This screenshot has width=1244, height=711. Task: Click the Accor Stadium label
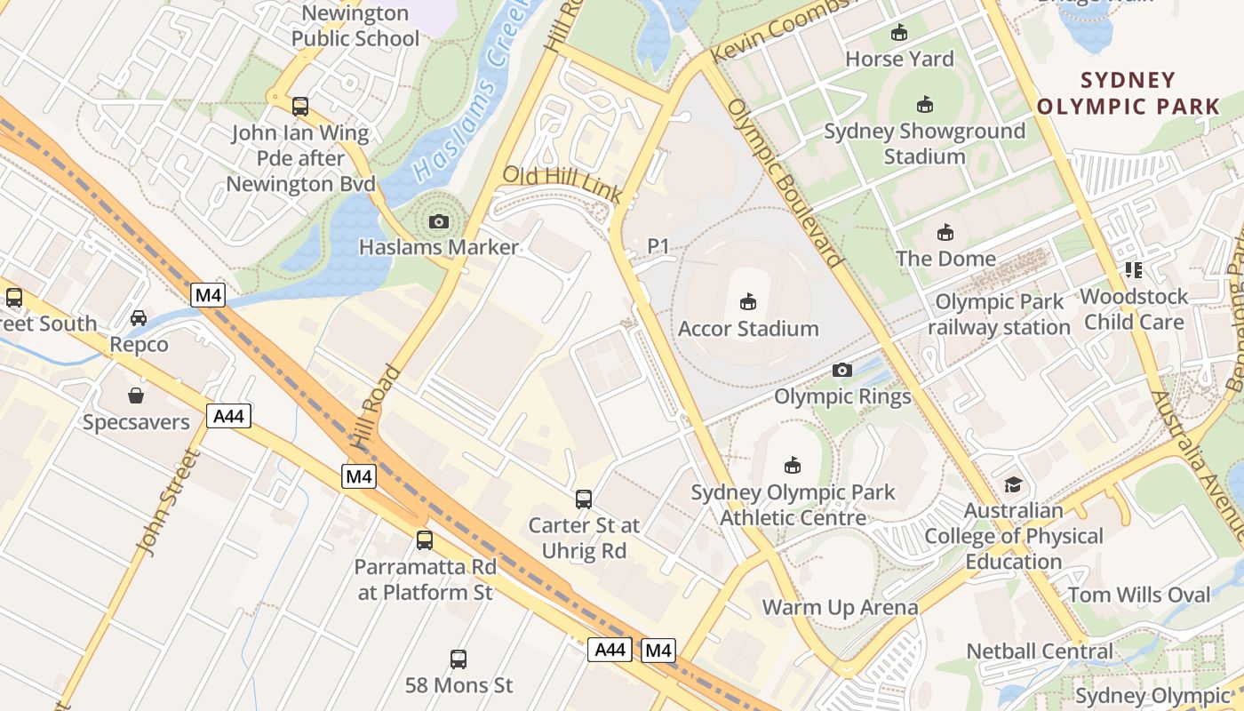click(x=748, y=329)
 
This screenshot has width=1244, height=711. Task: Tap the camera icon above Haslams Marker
click(x=438, y=221)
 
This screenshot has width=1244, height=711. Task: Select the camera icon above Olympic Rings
click(x=841, y=370)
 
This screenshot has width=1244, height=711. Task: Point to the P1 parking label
click(x=658, y=246)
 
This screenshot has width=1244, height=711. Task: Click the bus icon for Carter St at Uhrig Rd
click(x=583, y=499)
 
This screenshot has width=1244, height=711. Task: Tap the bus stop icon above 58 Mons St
click(x=459, y=659)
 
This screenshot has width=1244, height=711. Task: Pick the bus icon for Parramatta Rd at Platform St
click(x=425, y=539)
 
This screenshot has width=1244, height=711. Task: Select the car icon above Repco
click(x=139, y=318)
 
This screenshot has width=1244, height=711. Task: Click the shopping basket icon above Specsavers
click(x=136, y=395)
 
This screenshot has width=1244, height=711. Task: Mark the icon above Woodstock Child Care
click(x=1133, y=269)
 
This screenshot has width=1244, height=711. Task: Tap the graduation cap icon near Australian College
click(x=1013, y=484)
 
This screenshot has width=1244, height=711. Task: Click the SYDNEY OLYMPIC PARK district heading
click(x=1128, y=93)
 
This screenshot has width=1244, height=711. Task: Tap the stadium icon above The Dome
click(x=945, y=233)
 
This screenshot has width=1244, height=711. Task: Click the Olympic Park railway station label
click(x=1000, y=315)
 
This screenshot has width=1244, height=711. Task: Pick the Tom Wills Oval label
click(x=1139, y=595)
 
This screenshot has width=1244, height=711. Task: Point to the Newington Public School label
click(x=355, y=26)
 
